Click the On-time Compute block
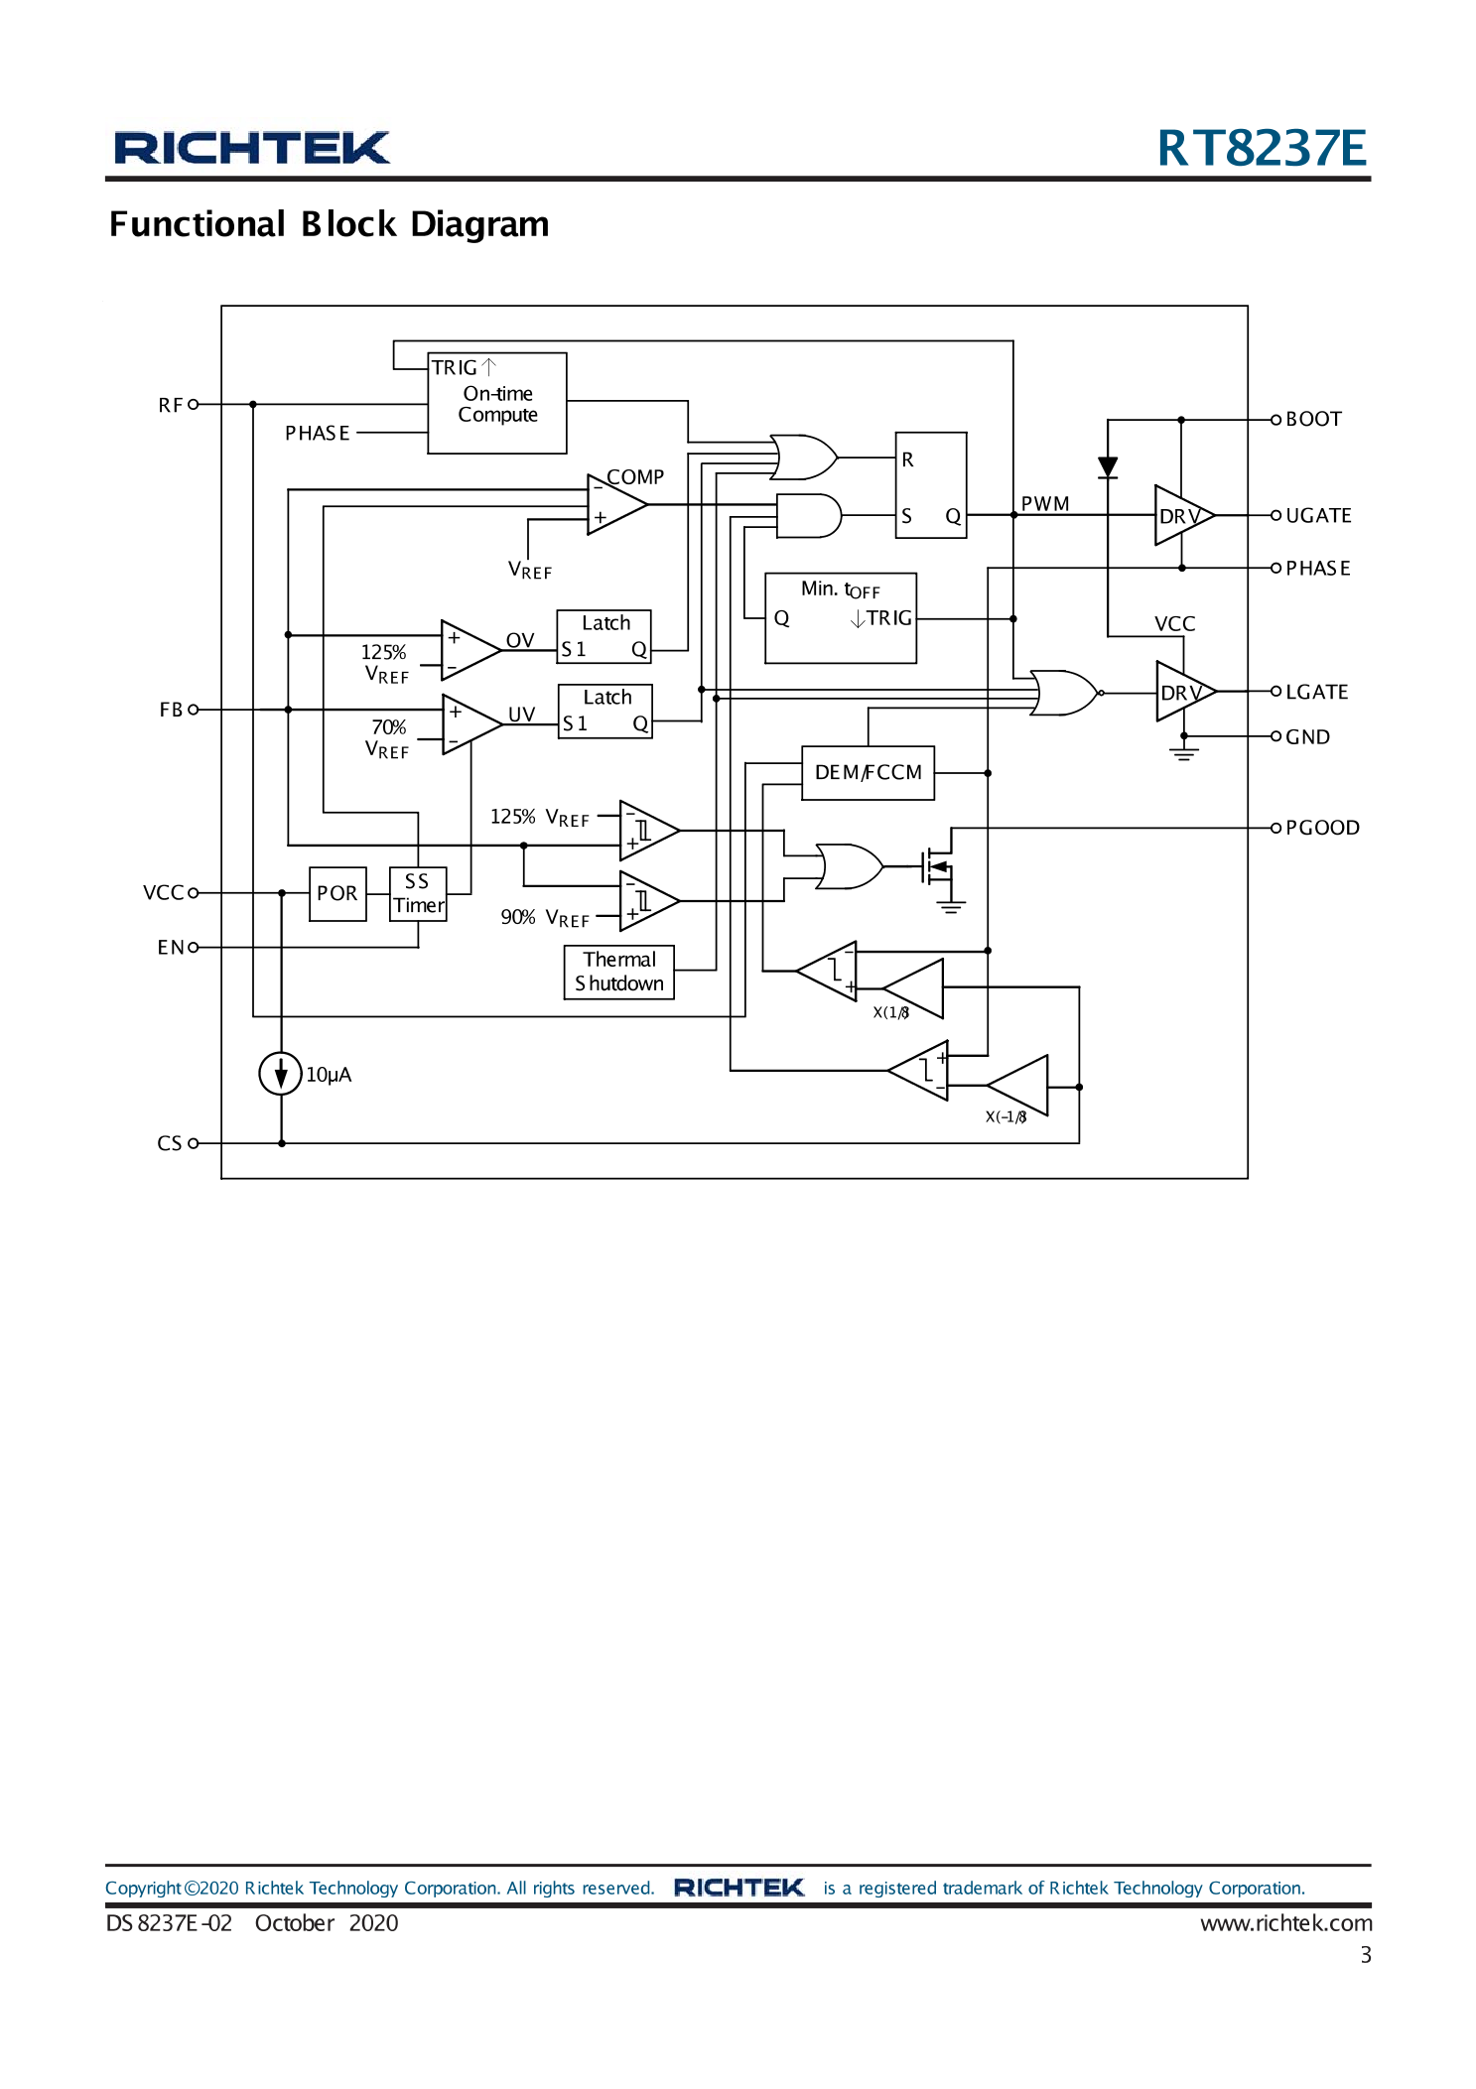[x=496, y=403]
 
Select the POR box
[x=337, y=893]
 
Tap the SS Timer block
[x=418, y=893]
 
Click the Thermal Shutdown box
[x=619, y=972]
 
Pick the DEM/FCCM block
[x=868, y=772]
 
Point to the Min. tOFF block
[x=840, y=617]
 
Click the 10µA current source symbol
[x=281, y=1073]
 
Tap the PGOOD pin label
[x=1321, y=828]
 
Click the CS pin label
[x=170, y=1143]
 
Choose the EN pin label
[x=171, y=948]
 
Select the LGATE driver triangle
[x=1180, y=692]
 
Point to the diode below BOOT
[x=1108, y=466]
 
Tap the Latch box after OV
[x=604, y=636]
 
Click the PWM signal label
[x=1044, y=503]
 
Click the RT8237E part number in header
[x=1261, y=148]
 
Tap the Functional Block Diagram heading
[x=329, y=224]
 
